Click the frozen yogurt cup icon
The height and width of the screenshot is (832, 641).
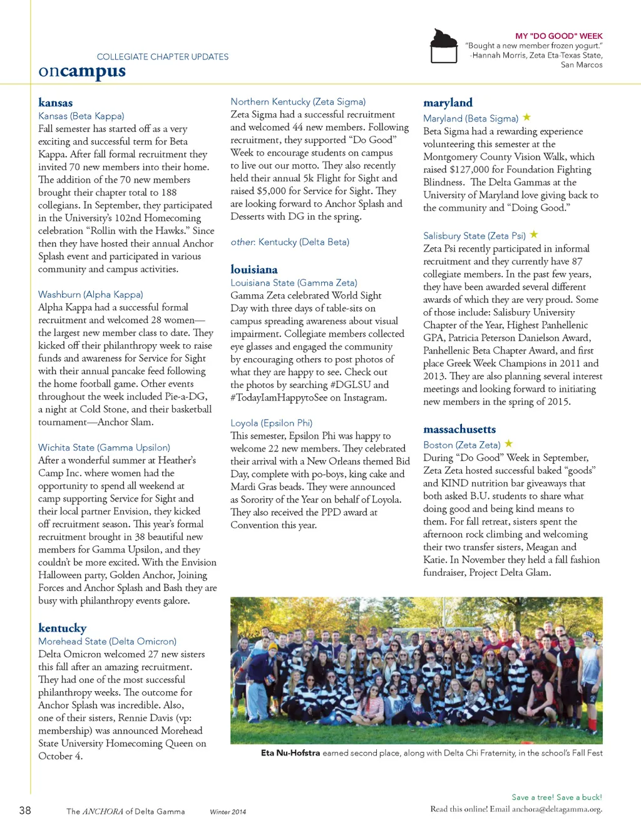coord(444,46)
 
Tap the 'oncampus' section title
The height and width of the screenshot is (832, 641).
coord(82,71)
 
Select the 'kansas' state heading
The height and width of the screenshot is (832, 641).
coord(55,103)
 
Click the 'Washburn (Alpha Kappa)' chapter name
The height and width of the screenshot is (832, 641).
coord(90,294)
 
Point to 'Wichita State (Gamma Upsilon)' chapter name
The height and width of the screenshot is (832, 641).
coord(104,448)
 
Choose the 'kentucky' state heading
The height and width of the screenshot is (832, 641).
coord(62,628)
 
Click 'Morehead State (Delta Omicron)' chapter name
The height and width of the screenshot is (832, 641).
coord(107,641)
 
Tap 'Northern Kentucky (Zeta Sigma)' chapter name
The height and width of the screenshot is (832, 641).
coord(298,101)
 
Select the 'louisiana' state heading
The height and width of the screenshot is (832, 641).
coord(254,269)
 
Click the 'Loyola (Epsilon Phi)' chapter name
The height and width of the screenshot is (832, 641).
coord(271,423)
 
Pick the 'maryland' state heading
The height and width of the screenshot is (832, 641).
coord(448,103)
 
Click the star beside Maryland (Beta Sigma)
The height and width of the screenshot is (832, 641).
coord(527,117)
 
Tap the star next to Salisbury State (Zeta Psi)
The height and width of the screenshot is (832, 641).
coord(534,235)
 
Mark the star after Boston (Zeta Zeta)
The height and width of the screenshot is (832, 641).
coord(509,444)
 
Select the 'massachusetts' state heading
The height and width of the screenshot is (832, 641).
coord(459,429)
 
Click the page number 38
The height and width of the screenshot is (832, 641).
coord(25,811)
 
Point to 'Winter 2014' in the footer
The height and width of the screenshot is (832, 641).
coord(228,812)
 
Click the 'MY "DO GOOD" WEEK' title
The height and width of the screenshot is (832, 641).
coord(558,36)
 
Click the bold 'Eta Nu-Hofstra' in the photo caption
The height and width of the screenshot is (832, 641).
coord(290,753)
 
